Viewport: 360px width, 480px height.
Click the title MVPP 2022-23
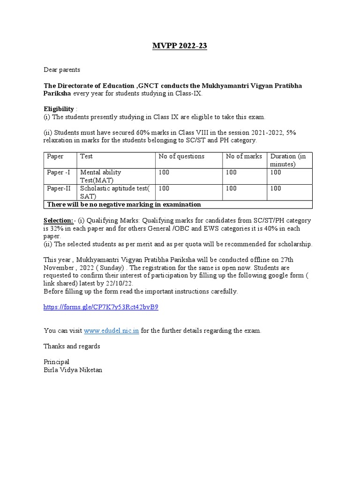point(180,45)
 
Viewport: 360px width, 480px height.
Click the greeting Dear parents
point(62,70)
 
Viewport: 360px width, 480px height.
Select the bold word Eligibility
point(59,109)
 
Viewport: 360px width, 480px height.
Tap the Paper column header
point(55,157)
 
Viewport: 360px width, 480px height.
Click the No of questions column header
point(181,157)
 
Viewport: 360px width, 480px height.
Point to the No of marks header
point(244,157)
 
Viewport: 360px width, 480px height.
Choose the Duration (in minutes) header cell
point(288,160)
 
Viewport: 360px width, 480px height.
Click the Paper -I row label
point(59,172)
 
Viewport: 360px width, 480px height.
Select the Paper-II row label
point(59,188)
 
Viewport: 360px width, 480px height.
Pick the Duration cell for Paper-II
point(276,188)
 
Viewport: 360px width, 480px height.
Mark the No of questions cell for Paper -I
point(165,172)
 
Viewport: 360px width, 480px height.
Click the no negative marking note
point(124,204)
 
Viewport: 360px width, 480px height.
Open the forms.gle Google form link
point(101,307)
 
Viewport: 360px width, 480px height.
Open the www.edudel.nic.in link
point(112,331)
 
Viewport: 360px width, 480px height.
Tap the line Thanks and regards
point(72,346)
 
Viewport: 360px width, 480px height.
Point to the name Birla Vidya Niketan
point(72,370)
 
